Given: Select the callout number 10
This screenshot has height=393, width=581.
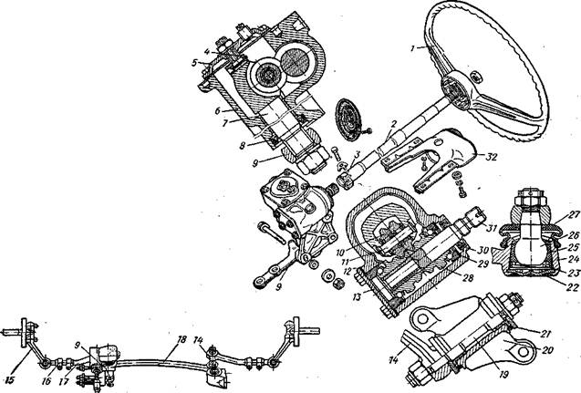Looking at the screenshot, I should (x=339, y=250).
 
